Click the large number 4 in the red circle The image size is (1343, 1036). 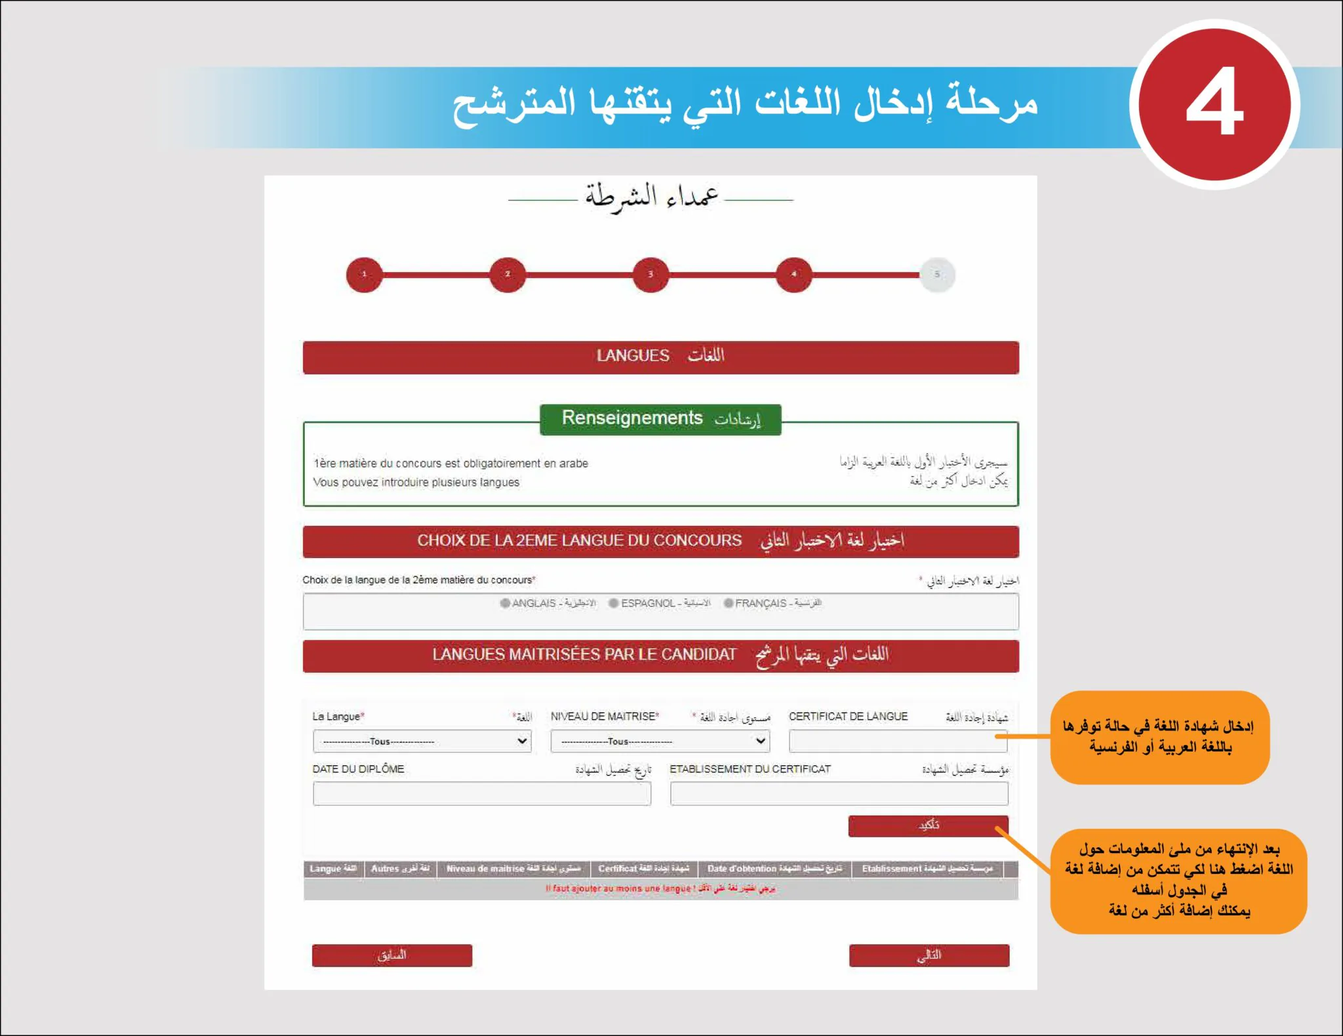tap(1214, 104)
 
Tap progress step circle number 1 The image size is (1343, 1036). tap(364, 274)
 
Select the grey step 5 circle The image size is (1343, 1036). tap(937, 274)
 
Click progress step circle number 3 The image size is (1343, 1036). tap(651, 274)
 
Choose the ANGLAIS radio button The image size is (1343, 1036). tap(505, 603)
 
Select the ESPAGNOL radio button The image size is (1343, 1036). tap(614, 603)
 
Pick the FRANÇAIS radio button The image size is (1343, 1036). tap(729, 603)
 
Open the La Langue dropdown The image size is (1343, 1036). tap(422, 741)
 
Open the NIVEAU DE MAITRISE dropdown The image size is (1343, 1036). tap(660, 741)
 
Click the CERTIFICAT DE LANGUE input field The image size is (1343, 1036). tap(897, 741)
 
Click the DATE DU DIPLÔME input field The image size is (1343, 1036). tap(481, 793)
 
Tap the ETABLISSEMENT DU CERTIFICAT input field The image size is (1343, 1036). tap(839, 793)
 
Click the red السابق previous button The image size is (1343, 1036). tap(391, 955)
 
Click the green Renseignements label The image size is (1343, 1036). tap(660, 418)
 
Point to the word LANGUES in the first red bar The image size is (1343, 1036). tap(633, 356)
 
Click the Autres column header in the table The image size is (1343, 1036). tap(400, 869)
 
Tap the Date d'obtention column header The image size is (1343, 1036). tap(774, 869)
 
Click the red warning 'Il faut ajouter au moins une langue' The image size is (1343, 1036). tap(660, 888)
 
